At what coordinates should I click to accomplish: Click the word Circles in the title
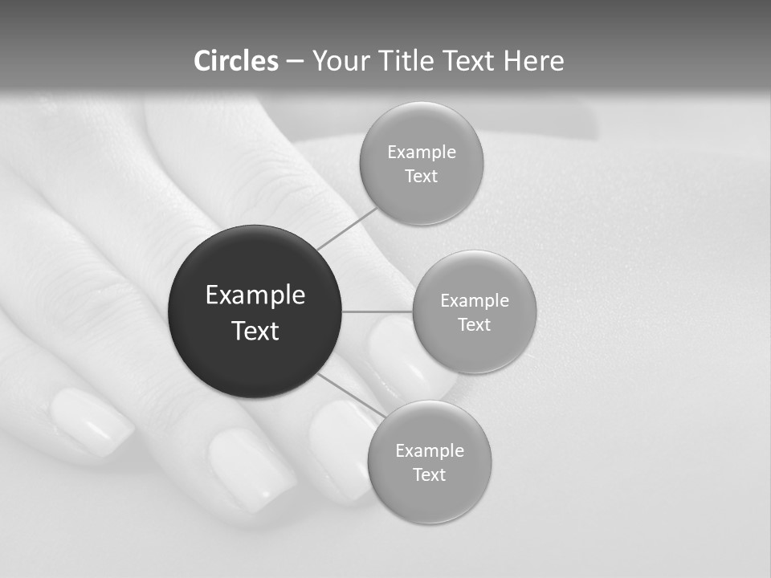click(235, 61)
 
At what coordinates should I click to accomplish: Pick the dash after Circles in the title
click(295, 62)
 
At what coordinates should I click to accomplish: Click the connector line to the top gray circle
click(347, 228)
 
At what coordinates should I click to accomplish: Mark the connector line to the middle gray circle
click(377, 311)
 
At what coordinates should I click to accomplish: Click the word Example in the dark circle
click(255, 295)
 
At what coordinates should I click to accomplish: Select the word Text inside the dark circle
click(255, 331)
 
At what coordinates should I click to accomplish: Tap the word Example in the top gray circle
click(421, 153)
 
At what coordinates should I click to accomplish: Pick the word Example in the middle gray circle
click(474, 301)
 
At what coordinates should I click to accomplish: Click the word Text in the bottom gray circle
click(429, 474)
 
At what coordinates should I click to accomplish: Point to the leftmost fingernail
click(91, 421)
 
